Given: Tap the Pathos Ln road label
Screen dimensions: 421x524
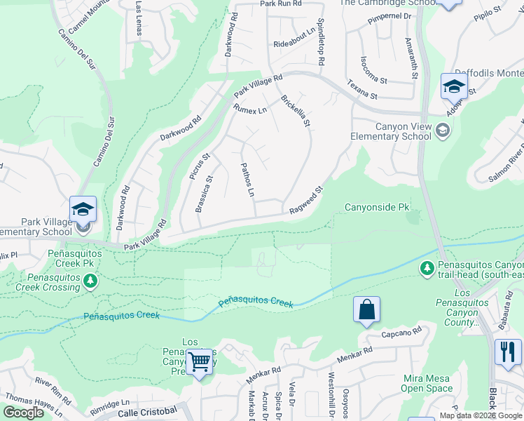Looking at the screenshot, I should [x=247, y=180].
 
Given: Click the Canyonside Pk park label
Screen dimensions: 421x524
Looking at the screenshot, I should [x=377, y=208].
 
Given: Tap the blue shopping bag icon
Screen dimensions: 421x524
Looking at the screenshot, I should [x=366, y=309].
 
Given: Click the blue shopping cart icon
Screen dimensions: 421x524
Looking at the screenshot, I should [x=200, y=362].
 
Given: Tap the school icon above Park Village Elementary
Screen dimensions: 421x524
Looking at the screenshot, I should [x=83, y=210].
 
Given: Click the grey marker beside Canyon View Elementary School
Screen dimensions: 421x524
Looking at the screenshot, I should [x=442, y=131].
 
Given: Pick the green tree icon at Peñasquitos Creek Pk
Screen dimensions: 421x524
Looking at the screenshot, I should [x=90, y=281].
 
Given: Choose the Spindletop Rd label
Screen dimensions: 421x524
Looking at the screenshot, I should [x=320, y=42].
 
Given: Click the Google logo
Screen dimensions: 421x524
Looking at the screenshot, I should [x=23, y=413].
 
